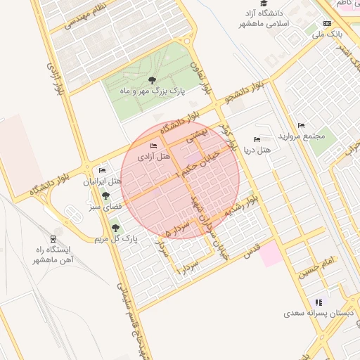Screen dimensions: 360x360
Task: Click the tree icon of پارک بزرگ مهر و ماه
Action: (153, 80)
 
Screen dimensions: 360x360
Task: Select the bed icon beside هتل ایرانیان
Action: (102, 171)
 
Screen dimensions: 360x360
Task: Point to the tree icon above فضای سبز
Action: (105, 196)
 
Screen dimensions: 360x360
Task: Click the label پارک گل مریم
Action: (115, 239)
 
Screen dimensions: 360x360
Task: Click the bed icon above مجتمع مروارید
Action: (302, 125)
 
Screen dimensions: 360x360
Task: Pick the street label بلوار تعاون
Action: (201, 78)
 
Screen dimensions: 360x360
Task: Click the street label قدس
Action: (251, 249)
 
